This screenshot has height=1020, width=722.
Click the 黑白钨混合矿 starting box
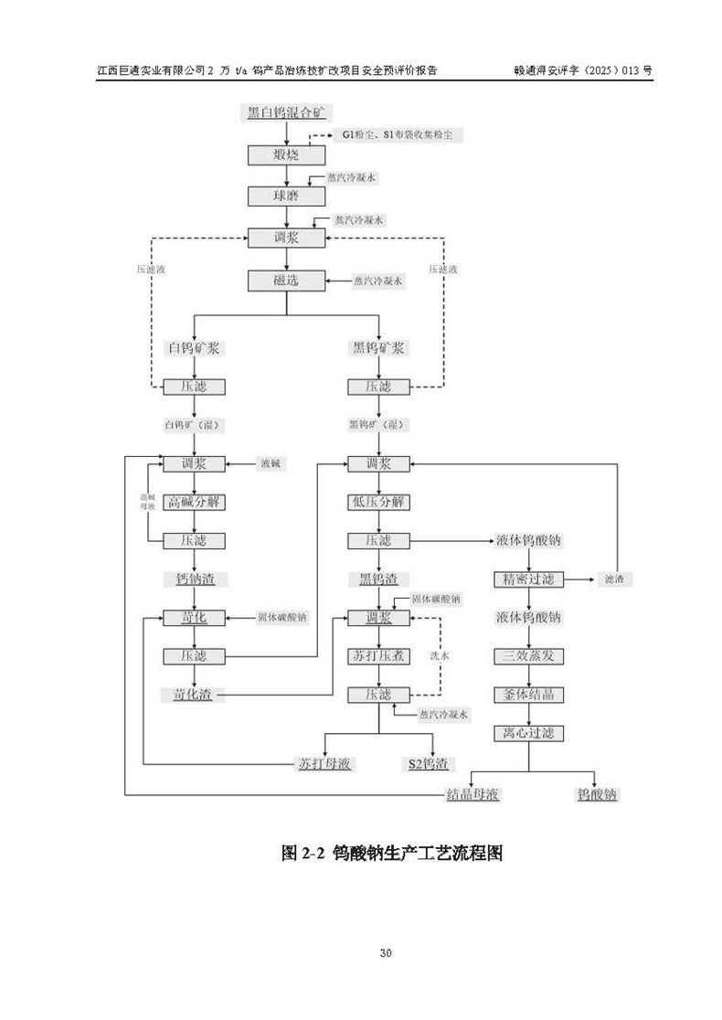[286, 113]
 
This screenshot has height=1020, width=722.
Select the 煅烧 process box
[286, 155]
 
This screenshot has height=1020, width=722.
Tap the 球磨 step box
[286, 197]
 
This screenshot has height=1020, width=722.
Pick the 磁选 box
[286, 281]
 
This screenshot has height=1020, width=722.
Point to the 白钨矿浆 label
[192, 348]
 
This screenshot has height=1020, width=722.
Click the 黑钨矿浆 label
[379, 348]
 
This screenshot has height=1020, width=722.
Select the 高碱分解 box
[193, 503]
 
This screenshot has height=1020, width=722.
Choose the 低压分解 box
[379, 503]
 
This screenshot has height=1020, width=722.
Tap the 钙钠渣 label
[193, 579]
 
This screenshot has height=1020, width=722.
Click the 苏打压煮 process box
[379, 656]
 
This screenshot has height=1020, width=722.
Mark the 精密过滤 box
[528, 579]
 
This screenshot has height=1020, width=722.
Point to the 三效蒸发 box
[528, 656]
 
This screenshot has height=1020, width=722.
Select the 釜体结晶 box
[528, 695]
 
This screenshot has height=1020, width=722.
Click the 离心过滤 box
[528, 733]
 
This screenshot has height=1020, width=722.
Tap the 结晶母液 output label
[472, 794]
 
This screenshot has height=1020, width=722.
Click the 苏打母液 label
[325, 763]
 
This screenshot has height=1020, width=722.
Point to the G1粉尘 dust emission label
[357, 135]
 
